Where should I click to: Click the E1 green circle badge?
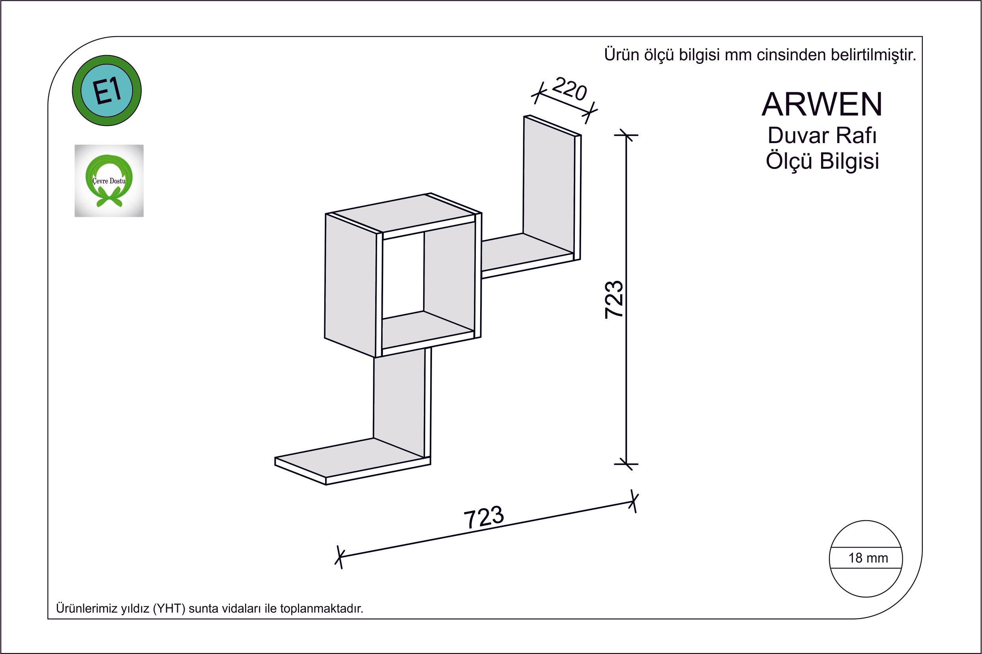107,91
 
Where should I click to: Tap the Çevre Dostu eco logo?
109,181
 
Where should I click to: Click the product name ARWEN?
822,104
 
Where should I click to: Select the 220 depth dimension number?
569,89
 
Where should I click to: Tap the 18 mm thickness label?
868,558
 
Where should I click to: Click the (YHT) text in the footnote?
169,609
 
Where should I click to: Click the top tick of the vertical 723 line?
626,135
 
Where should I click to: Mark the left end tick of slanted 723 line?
339,557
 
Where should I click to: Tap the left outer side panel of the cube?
351,285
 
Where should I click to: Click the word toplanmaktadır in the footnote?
322,609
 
